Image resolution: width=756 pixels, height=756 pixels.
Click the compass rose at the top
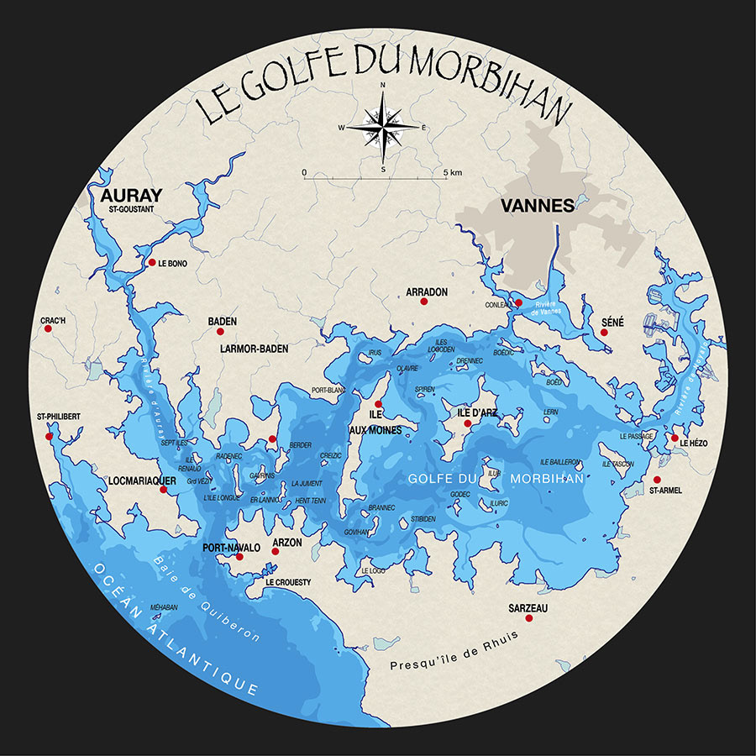pos(383,128)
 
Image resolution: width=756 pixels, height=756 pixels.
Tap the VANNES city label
pos(537,206)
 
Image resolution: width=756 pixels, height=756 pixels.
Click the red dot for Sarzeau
pos(529,618)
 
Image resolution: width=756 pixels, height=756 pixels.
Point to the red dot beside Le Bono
pos(152,262)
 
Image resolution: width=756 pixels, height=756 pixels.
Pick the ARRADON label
pos(427,292)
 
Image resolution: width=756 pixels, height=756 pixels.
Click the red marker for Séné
pos(604,333)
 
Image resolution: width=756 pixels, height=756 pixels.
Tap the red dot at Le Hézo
pos(674,438)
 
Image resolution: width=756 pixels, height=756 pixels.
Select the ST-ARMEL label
pos(666,490)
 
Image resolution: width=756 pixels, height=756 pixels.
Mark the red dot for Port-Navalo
pos(239,556)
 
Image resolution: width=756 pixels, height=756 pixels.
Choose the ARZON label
pos(287,543)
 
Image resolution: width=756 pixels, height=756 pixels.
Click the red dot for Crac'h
pos(48,328)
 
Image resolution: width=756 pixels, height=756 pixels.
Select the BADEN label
pos(222,322)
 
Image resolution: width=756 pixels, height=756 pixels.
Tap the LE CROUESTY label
pos(287,582)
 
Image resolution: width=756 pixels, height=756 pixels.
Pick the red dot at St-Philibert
pos(49,436)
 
